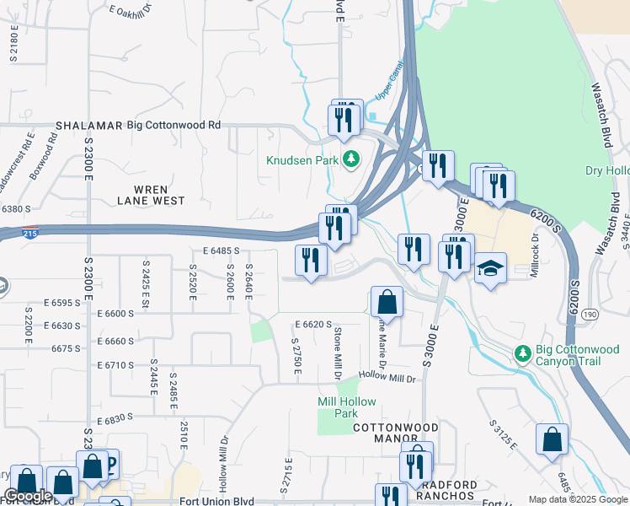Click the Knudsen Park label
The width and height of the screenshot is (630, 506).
click(302, 160)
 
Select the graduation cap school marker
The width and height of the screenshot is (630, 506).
click(491, 269)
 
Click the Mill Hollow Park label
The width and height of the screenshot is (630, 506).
click(347, 407)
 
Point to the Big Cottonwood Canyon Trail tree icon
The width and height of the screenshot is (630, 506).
click(522, 351)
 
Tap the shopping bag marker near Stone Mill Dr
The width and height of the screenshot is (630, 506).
click(387, 302)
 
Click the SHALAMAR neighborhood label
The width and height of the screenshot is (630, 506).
click(83, 125)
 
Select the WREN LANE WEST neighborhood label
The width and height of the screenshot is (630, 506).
click(151, 195)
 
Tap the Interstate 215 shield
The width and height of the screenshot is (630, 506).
click(30, 234)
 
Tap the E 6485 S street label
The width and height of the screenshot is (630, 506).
click(221, 250)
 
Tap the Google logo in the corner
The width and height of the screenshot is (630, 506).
click(28, 496)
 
